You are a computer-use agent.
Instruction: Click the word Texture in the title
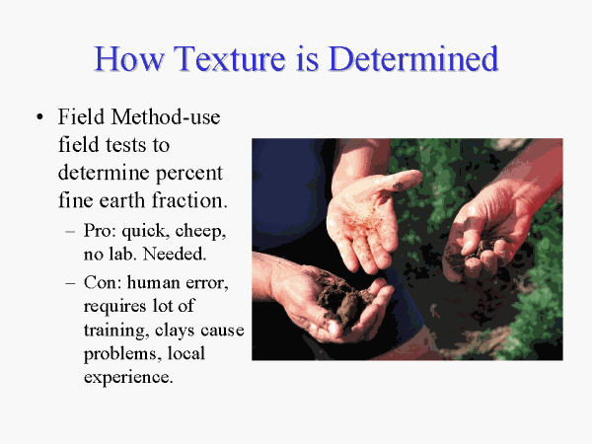pos(230,58)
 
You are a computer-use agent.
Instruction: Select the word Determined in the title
pos(414,58)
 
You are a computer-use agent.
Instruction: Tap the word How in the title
pos(128,58)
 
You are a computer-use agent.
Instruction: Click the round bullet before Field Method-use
pos(39,117)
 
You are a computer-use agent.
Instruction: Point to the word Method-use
pos(166,116)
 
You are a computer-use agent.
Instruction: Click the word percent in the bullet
pos(189,174)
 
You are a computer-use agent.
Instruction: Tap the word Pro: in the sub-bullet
pos(100,230)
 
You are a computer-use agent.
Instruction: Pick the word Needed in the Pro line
pos(175,254)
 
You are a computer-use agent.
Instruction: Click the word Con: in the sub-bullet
pos(103,282)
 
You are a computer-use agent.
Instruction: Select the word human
pos(153,282)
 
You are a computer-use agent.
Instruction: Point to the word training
pos(114,331)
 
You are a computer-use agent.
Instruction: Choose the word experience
pos(128,378)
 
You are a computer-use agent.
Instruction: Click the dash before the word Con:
pos(70,283)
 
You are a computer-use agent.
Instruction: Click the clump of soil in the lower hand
pos(341,298)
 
